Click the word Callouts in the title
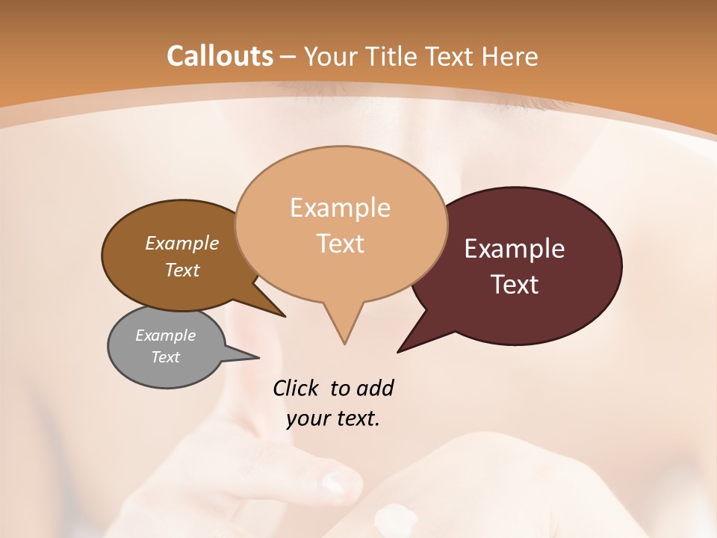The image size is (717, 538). point(220,56)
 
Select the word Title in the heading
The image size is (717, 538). point(394,56)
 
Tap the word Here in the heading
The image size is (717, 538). point(510,56)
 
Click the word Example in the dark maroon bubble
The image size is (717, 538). point(515,249)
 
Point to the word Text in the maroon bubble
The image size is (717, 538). point(515,285)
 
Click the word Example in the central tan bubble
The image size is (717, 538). point(340,208)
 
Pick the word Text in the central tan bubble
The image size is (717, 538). point(340,244)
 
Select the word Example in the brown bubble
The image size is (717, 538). point(182,243)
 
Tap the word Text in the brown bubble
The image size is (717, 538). point(182,270)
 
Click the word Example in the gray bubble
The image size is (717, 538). point(165,336)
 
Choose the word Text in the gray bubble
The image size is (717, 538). point(165,357)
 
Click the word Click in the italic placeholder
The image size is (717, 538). point(297,388)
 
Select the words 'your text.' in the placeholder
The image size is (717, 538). point(333,418)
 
